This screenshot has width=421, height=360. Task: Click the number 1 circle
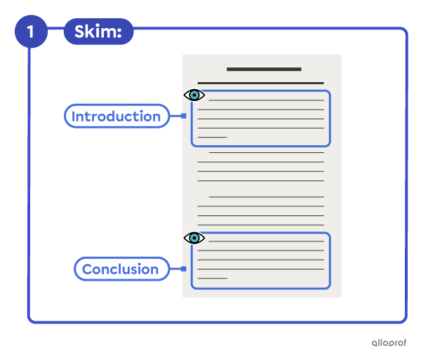31,32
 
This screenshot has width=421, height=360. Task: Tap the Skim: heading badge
98,32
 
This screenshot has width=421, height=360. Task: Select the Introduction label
116,116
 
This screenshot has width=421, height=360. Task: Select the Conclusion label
121,269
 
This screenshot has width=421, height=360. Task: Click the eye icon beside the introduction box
194,95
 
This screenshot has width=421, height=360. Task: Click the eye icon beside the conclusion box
194,238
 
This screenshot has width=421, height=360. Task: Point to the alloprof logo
389,343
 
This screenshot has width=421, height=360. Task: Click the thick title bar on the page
264,69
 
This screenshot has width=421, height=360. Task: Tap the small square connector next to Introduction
184,116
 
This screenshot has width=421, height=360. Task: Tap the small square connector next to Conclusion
184,269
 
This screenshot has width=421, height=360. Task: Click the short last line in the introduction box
213,137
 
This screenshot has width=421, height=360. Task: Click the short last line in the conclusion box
213,278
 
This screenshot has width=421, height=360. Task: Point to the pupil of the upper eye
194,95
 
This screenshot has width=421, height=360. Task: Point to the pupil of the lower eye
194,238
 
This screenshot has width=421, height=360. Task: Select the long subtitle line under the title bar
261,84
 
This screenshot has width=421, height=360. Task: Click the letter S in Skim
80,32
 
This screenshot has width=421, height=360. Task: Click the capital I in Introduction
74,116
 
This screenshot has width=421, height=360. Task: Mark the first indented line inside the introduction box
267,100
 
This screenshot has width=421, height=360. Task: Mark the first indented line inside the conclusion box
267,241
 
